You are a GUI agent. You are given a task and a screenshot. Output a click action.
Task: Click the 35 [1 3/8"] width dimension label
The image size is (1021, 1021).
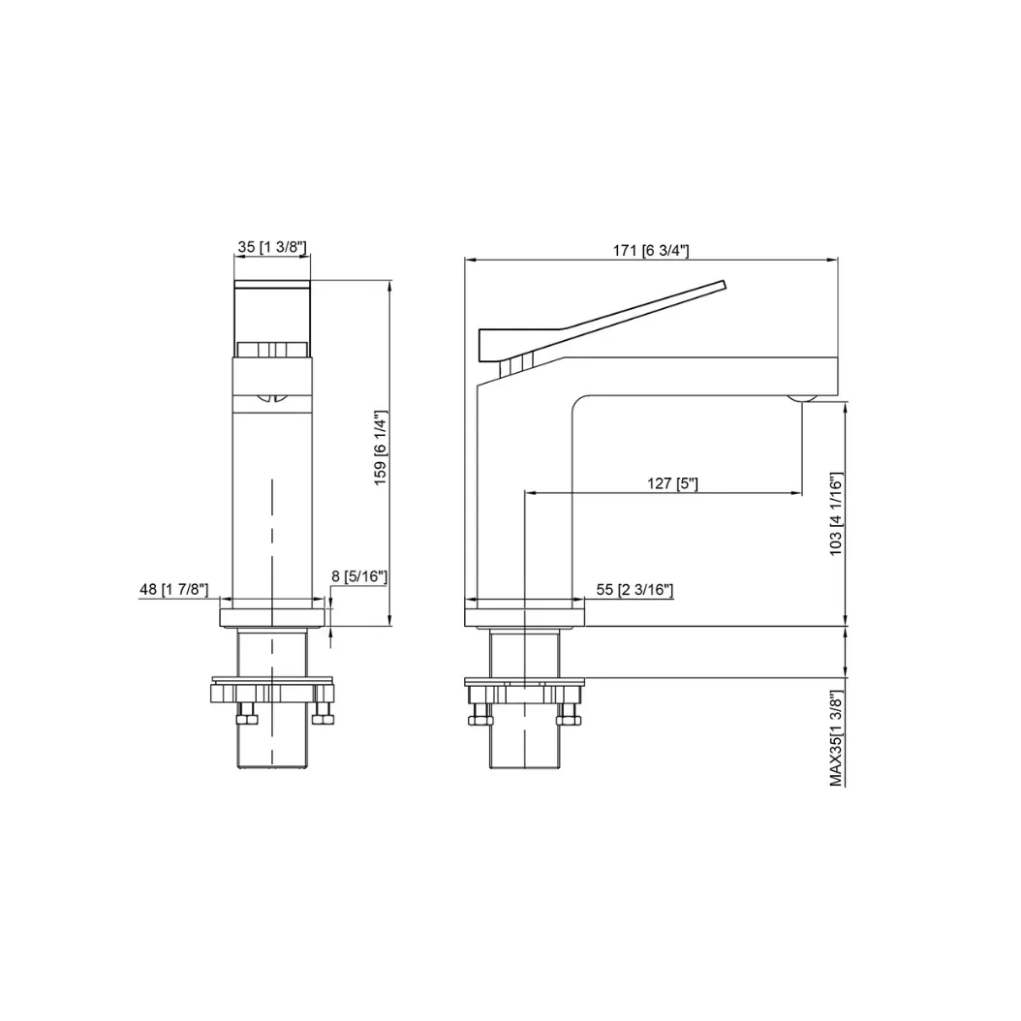(271, 247)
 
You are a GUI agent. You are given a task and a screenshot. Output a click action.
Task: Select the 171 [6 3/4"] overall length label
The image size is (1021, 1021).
(651, 250)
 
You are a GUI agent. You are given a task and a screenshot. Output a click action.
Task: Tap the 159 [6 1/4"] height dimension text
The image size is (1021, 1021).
(381, 448)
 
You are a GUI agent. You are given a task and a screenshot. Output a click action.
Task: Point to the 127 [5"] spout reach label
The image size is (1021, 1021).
(672, 483)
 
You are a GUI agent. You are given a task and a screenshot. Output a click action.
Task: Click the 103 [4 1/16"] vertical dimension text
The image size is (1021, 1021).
(835, 514)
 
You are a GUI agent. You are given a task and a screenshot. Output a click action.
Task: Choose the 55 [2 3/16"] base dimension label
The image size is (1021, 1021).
(634, 589)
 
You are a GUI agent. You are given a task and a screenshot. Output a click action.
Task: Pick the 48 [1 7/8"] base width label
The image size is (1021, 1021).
(173, 589)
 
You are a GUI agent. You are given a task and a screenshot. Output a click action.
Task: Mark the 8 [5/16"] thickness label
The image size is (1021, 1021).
(358, 576)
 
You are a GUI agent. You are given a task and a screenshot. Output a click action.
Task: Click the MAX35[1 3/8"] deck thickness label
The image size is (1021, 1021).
(836, 738)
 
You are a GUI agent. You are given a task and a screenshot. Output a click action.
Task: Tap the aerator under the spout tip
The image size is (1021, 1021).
(801, 398)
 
